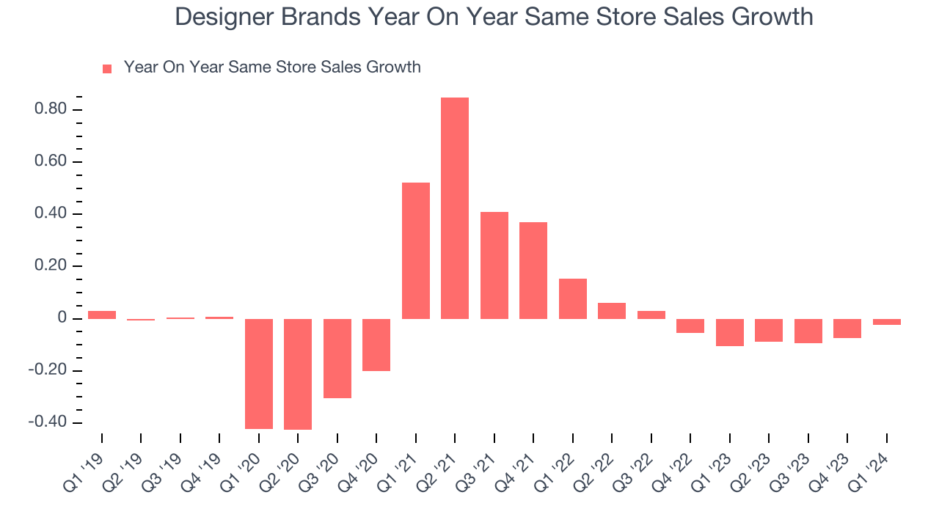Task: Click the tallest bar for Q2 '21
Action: pyautogui.click(x=455, y=208)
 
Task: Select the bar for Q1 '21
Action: pyautogui.click(x=416, y=251)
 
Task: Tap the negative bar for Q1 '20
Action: pyautogui.click(x=258, y=373)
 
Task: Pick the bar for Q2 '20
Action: pyautogui.click(x=298, y=374)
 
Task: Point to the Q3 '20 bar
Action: pyautogui.click(x=337, y=358)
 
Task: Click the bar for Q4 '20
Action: pyautogui.click(x=376, y=345)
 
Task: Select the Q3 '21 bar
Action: pyautogui.click(x=494, y=265)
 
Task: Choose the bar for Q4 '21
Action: pyautogui.click(x=533, y=271)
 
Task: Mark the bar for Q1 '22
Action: pyautogui.click(x=573, y=298)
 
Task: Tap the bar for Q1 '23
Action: pyautogui.click(x=730, y=332)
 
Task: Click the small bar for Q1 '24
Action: pyautogui.click(x=887, y=322)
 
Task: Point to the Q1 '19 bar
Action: pyautogui.click(x=102, y=315)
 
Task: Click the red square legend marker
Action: pyautogui.click(x=107, y=68)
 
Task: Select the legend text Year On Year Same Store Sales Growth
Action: pyautogui.click(x=272, y=67)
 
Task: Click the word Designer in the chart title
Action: pyautogui.click(x=224, y=17)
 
